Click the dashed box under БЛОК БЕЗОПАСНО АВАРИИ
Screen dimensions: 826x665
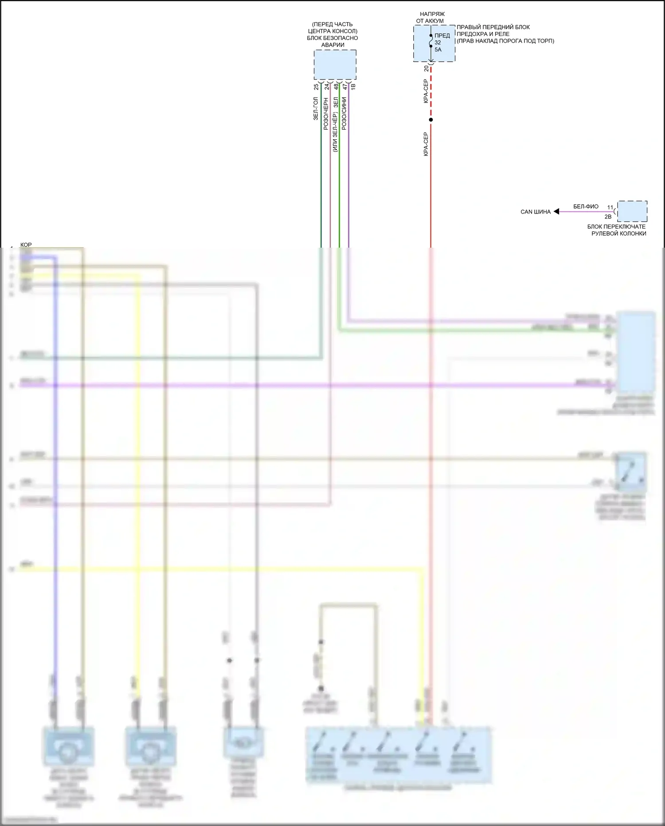[x=335, y=65]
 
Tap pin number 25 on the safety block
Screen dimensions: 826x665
[x=316, y=87]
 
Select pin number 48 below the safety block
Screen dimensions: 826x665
[x=336, y=87]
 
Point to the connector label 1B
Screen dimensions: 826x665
[x=353, y=87]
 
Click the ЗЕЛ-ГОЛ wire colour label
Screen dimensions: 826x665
[x=316, y=109]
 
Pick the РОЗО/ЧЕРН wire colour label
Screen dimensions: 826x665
[x=326, y=114]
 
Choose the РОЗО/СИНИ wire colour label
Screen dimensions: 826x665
[x=344, y=114]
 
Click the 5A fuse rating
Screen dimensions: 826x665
[x=438, y=50]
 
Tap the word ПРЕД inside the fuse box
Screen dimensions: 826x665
[x=442, y=36]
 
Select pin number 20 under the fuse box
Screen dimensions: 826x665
[x=426, y=69]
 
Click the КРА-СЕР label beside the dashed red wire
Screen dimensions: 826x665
[x=426, y=91]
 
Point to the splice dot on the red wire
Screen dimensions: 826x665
[x=431, y=120]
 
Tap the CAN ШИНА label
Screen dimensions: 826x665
[x=536, y=212]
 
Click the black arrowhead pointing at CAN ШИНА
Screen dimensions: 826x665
[x=556, y=212]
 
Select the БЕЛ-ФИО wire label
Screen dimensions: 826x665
[x=586, y=206]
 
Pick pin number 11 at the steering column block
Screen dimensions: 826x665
[x=610, y=207]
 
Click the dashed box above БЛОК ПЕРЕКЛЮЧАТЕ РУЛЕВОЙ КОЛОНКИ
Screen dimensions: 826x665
[x=632, y=211]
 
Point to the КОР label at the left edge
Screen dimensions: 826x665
[x=26, y=245]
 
